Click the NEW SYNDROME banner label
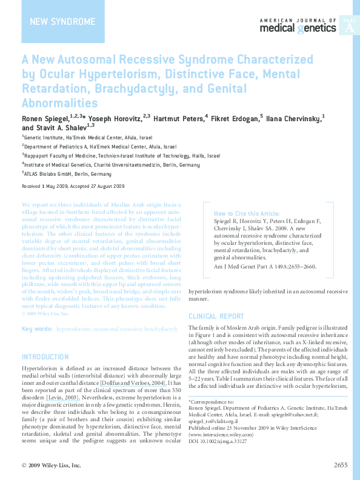[x=63, y=22]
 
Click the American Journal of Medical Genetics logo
[x=298, y=25]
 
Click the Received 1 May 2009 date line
[x=73, y=187]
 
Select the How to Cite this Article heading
[x=247, y=214]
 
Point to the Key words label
[x=37, y=328]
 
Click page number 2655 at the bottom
[x=341, y=465]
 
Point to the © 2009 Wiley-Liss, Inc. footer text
[x=51, y=465]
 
